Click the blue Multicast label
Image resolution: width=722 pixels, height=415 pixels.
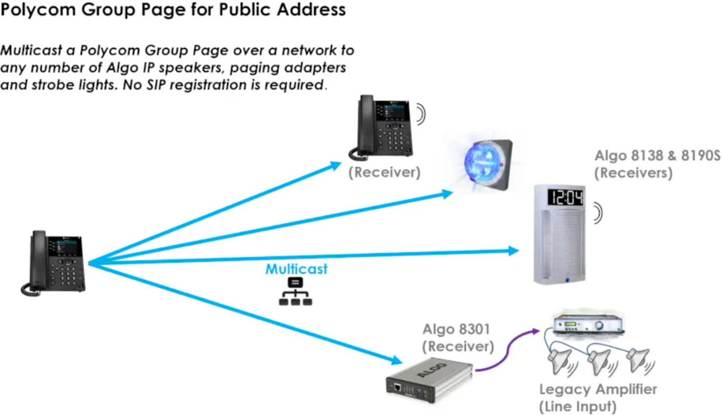tap(296, 269)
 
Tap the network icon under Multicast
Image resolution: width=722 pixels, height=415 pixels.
tap(296, 292)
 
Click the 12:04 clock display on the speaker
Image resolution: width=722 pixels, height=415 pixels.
tap(566, 197)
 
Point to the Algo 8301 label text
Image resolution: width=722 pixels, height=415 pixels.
tap(456, 329)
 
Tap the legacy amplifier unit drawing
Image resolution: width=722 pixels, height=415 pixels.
tap(588, 324)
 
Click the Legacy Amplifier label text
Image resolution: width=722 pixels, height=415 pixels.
tap(598, 389)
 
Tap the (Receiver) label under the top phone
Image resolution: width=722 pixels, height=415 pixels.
tap(384, 173)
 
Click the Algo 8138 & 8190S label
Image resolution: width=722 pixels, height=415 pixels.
tap(657, 156)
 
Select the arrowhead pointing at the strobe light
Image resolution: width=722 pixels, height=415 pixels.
tap(447, 194)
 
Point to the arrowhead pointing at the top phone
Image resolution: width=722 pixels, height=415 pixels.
tap(335, 166)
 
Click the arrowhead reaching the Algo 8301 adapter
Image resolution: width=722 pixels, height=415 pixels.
tap(396, 360)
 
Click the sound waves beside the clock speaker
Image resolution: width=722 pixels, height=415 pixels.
tap(598, 213)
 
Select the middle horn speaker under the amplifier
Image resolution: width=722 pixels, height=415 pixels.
tap(600, 361)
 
